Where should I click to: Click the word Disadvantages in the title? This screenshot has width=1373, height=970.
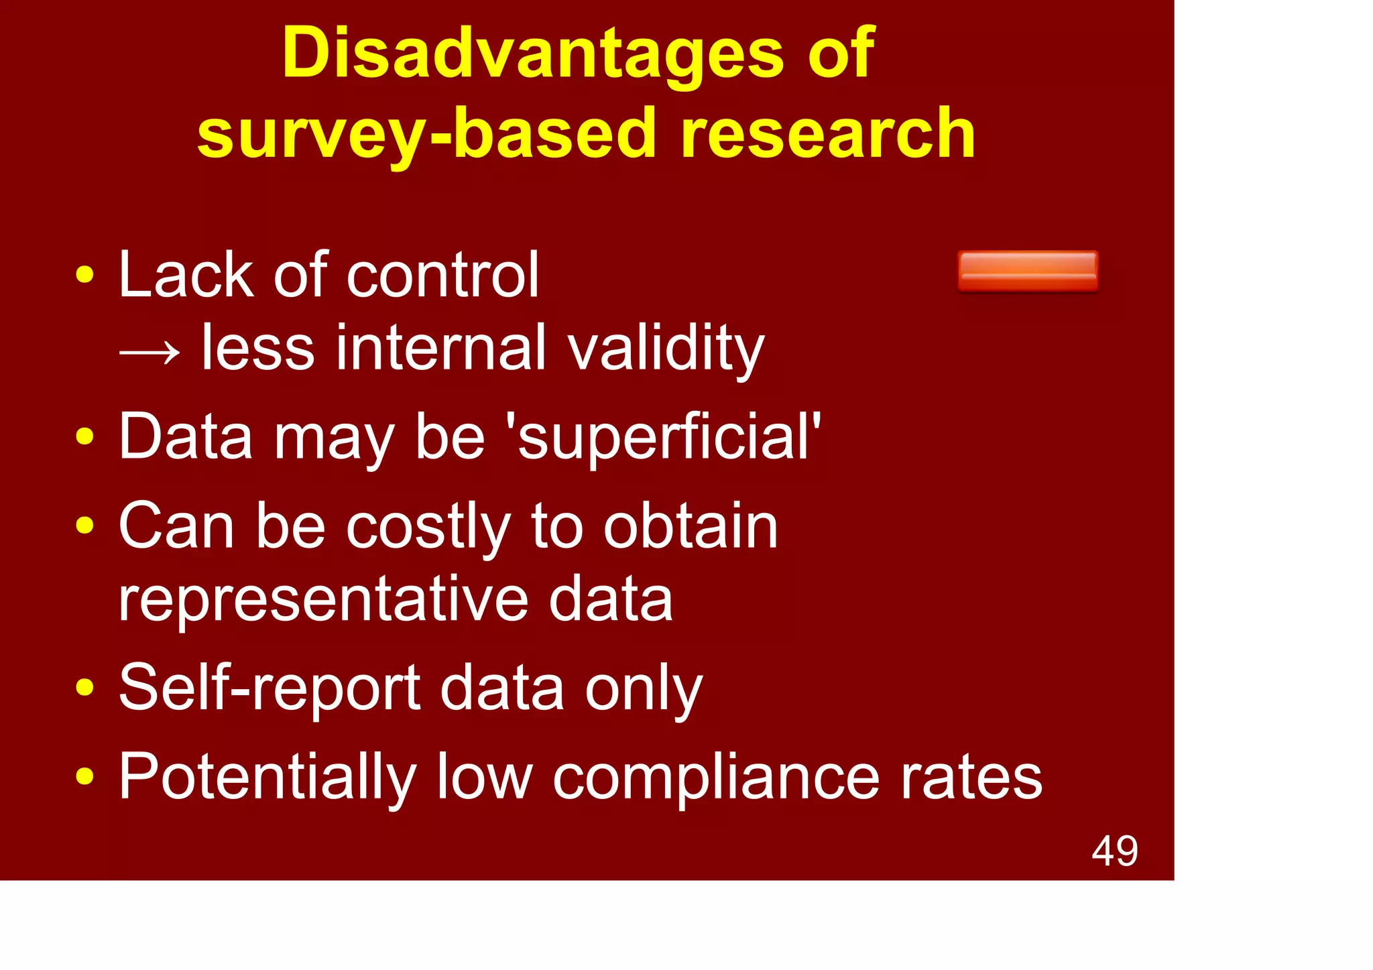pos(532,54)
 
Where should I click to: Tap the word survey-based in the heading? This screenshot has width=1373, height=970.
pos(426,134)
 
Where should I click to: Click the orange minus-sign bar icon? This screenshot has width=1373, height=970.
pos(1027,271)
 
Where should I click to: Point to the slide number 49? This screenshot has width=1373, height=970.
pos(1114,851)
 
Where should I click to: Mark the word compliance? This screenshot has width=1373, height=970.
pos(715,777)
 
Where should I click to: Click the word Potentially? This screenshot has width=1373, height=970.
pos(267,778)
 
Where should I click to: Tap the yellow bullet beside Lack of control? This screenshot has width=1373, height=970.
pos(84,275)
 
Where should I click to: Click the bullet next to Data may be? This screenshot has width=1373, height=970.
pos(84,437)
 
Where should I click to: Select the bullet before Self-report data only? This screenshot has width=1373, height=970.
pos(84,687)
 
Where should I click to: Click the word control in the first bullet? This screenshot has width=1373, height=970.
pos(442,275)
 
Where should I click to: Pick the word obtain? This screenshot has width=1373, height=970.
pos(690,527)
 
